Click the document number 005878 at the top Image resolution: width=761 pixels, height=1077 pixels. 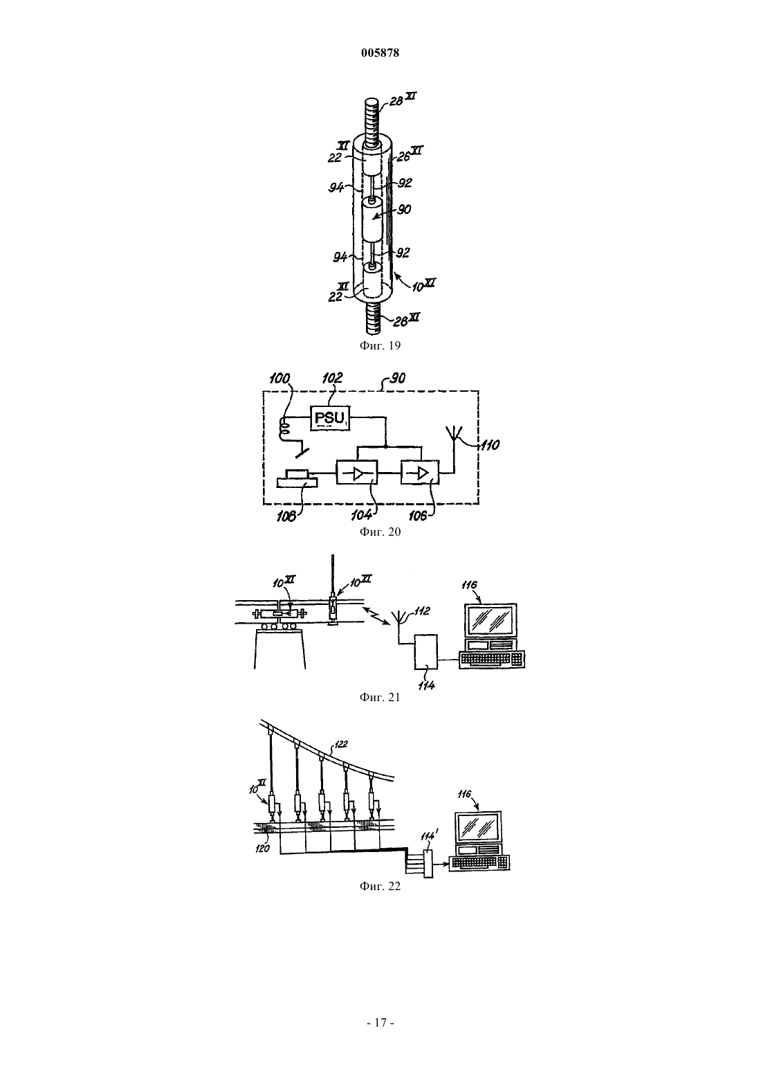(x=380, y=53)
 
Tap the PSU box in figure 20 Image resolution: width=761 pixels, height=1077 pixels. (x=329, y=418)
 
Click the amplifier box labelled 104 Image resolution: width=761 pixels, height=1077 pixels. (x=357, y=473)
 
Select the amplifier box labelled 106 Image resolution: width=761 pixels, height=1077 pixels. (x=420, y=473)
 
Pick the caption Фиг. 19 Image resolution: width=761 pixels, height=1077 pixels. (x=380, y=345)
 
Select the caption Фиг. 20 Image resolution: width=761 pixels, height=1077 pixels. (x=380, y=532)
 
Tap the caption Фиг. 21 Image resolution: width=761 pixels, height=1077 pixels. (x=380, y=697)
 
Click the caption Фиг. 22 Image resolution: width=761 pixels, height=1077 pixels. (x=380, y=886)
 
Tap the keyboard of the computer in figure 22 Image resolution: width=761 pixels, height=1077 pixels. (x=479, y=862)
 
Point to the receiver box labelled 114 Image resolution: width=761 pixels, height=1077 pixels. (x=426, y=651)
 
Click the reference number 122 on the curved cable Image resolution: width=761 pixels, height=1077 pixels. (x=340, y=744)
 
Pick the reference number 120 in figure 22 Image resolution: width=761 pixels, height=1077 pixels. (x=262, y=849)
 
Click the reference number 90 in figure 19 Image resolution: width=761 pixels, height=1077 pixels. (x=403, y=209)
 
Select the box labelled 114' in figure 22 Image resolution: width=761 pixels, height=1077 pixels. (x=428, y=864)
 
